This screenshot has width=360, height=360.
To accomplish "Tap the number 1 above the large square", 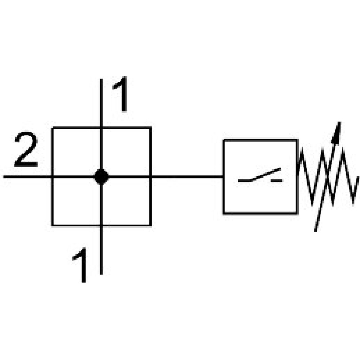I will tap(120, 95).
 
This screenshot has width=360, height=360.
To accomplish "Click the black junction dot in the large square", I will tap(101, 176).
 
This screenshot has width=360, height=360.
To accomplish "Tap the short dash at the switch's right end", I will tap(277, 181).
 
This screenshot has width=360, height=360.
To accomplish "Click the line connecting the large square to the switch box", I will tap(187, 176).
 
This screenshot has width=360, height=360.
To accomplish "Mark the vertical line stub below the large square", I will tap(101, 250).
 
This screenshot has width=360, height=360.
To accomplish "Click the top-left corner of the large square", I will tap(52, 128).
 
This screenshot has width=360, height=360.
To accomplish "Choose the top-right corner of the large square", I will tap(150, 128).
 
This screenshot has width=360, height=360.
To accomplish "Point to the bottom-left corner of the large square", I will tap(52, 225).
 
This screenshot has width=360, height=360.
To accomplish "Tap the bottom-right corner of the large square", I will tap(150, 225).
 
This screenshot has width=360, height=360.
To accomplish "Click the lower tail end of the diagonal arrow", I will tap(316, 230).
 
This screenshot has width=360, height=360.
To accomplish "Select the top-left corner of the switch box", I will tap(224, 140).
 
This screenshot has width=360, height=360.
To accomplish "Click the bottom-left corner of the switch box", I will tap(224, 213).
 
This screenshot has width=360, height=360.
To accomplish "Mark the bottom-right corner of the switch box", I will tap(297, 213).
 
